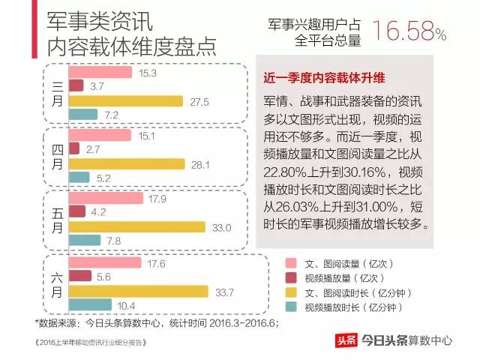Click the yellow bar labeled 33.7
[138, 291]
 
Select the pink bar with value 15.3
[100, 73]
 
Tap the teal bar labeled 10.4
[90, 305]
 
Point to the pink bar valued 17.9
[105, 199]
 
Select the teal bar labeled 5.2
[79, 178]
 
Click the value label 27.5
[196, 100]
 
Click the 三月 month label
[58, 94]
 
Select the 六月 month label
[58, 284]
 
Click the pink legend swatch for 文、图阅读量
[290, 264]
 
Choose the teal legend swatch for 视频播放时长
[290, 307]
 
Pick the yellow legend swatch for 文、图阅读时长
[290, 292]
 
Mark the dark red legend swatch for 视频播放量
[290, 278]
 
